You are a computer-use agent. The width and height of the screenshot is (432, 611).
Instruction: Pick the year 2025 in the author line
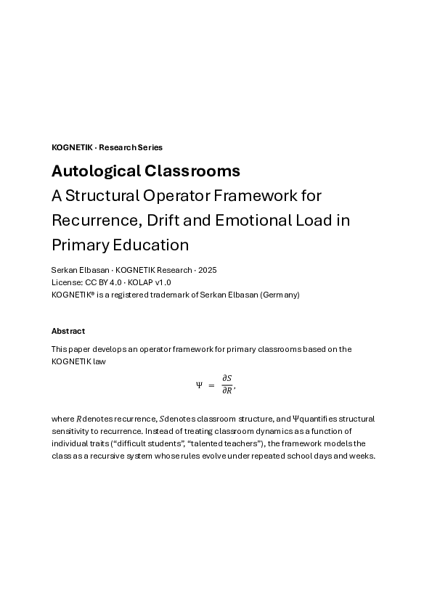(x=206, y=270)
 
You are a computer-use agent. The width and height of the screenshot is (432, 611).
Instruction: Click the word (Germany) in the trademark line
(x=280, y=295)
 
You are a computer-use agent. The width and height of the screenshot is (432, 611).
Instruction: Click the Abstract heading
(x=68, y=331)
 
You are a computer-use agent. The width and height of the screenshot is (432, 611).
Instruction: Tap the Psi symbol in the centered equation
(x=199, y=385)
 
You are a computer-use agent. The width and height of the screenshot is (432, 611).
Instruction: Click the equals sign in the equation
(x=211, y=385)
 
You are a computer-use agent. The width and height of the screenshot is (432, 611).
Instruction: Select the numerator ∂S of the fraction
(x=227, y=378)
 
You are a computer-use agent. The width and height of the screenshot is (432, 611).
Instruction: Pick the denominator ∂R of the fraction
(x=227, y=392)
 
